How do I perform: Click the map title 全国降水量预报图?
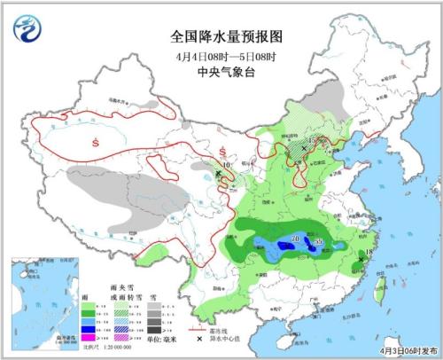pyautogui.click(x=221, y=36)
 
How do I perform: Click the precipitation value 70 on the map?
pyautogui.click(x=294, y=237)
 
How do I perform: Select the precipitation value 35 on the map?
pyautogui.click(x=319, y=239)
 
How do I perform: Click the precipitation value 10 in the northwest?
pyautogui.click(x=227, y=165)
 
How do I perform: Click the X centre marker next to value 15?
pyautogui.click(x=303, y=146)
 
